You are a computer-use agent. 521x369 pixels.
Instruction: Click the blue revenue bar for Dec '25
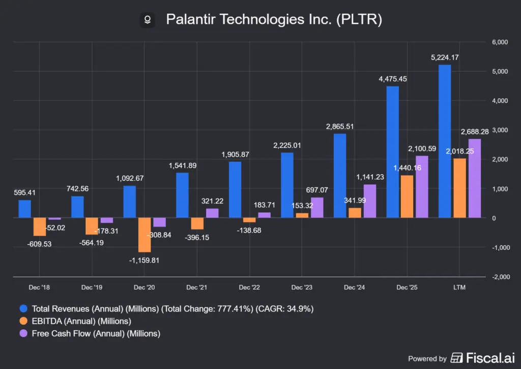tap(392, 152)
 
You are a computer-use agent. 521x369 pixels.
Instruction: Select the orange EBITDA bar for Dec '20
tap(144, 235)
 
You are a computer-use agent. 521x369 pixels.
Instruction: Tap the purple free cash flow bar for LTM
tap(475, 179)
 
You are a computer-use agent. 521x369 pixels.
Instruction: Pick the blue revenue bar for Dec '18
tap(24, 209)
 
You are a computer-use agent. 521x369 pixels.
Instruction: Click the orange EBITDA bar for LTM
tap(459, 188)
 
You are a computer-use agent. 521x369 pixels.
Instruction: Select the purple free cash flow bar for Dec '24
tap(369, 201)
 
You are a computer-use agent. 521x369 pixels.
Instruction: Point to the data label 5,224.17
tap(445, 58)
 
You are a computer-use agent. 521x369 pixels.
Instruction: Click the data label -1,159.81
tap(144, 260)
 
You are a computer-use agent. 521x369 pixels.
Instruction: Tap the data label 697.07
tap(317, 190)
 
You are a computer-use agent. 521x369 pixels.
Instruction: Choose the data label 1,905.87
tap(235, 155)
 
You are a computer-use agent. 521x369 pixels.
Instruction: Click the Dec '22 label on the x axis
tap(249, 287)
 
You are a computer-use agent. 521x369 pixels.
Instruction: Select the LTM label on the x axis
tap(459, 287)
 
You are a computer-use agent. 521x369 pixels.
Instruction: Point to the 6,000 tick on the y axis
tap(500, 42)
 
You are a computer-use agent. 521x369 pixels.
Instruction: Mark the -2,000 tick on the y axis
tap(501, 277)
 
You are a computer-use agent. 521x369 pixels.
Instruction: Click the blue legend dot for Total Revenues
tap(23, 308)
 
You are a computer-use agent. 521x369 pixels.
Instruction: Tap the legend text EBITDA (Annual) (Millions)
tap(81, 321)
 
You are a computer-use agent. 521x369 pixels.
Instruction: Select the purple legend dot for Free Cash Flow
tap(23, 333)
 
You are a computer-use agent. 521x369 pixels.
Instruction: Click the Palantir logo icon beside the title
tap(148, 20)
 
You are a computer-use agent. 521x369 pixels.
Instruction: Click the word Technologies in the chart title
tap(262, 20)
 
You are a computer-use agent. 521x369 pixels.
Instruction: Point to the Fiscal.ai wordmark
tap(490, 358)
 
